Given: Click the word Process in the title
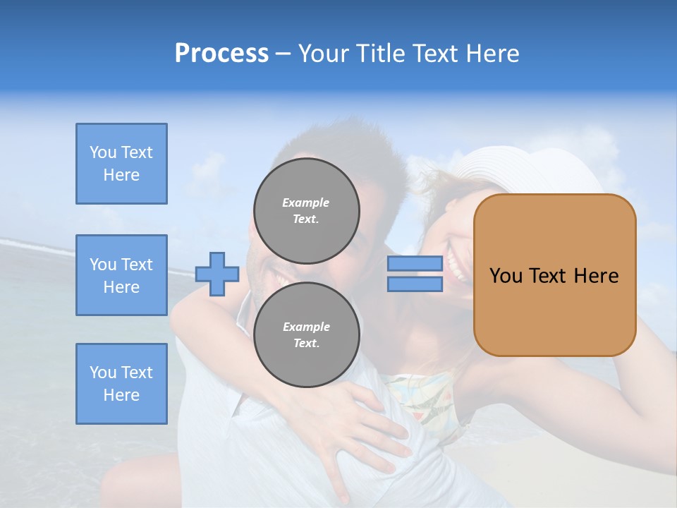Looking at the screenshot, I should coord(221,54).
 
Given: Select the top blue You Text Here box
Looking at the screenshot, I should coord(121,164).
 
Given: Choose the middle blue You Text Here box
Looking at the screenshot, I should coord(121,275).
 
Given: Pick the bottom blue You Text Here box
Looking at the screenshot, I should coord(121,383).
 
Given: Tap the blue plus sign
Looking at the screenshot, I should coord(217,274).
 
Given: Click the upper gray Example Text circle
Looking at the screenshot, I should coord(306,210).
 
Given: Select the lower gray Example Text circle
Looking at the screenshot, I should coord(306,334).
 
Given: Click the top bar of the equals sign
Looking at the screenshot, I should coord(415,263).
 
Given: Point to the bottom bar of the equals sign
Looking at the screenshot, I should coord(415,284).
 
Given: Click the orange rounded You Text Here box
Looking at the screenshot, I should coord(554,275).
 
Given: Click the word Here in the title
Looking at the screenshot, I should coord(493,54).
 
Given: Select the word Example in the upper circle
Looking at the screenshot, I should coord(306,202).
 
